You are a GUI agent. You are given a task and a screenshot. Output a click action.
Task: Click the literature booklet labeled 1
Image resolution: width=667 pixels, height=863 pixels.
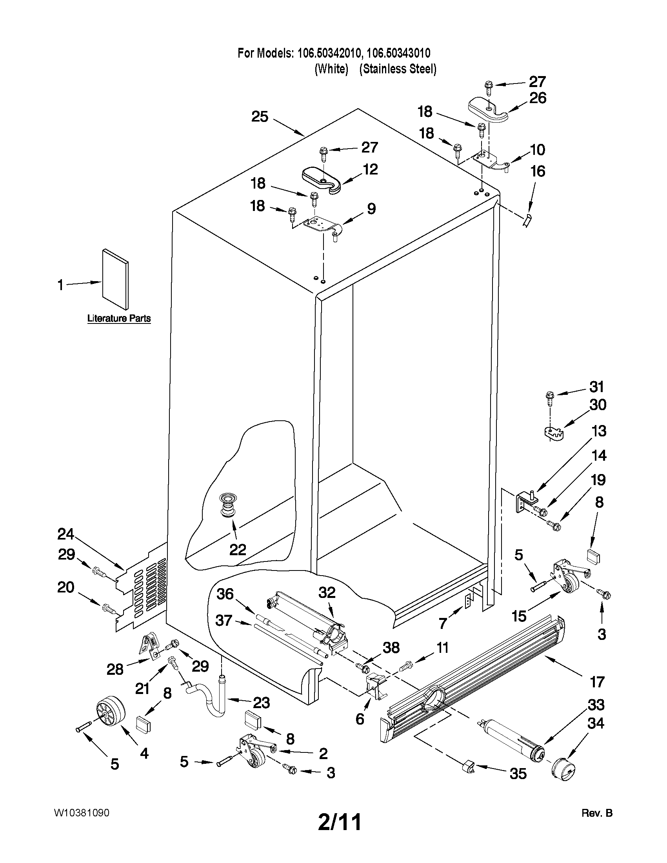click(x=115, y=280)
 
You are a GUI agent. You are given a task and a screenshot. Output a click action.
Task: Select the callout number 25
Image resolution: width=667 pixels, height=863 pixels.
click(x=260, y=117)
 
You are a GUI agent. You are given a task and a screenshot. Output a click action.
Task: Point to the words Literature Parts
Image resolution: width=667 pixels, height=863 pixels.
click(x=119, y=318)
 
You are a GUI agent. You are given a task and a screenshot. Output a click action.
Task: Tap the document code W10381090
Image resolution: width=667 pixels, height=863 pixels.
click(x=82, y=813)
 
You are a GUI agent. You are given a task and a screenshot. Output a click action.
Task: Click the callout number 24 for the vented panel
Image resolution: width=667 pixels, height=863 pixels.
click(x=66, y=534)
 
